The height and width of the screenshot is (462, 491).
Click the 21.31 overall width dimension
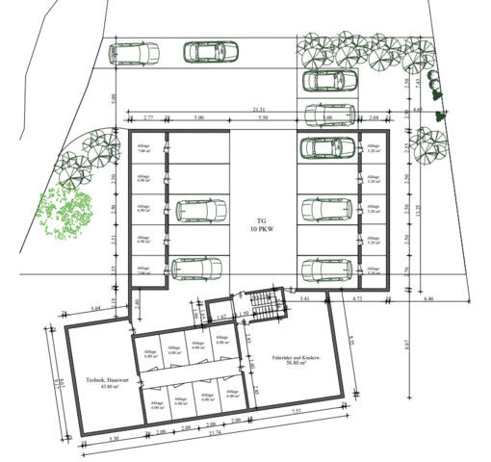point(259,110)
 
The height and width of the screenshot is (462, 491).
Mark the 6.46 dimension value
point(427,299)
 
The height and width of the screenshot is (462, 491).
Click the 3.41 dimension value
point(306,299)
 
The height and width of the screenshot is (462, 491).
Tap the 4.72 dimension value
point(358,299)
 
